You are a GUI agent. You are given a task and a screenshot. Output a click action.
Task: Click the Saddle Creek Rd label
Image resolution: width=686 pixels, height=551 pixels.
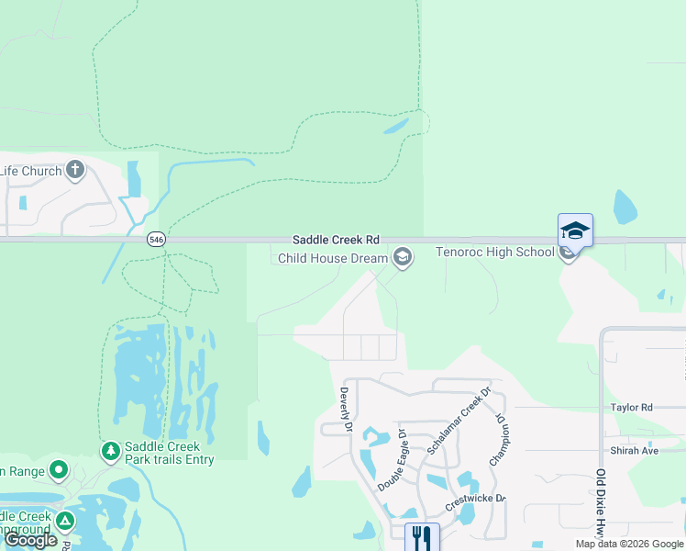336,238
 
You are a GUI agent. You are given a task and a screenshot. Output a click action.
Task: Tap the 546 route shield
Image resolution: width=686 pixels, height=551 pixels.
157,240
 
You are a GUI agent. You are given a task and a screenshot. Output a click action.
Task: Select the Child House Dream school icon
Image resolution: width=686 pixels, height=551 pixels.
402,258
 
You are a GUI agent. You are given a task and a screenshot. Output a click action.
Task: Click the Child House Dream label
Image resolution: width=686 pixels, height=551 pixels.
333,259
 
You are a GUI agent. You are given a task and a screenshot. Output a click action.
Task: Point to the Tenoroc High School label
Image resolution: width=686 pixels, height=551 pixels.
494,253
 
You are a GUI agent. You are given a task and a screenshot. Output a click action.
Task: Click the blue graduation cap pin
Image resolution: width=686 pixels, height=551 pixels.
575,230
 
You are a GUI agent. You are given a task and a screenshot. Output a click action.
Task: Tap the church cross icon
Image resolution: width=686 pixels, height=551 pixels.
74,170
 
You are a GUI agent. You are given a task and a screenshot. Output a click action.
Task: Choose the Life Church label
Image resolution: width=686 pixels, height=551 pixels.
31,171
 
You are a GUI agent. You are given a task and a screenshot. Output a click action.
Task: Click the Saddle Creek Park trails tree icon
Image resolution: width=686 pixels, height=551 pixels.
110,451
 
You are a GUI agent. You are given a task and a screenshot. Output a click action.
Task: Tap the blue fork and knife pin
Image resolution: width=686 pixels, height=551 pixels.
422,536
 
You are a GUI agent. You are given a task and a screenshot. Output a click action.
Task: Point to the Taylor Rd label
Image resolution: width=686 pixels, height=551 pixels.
631,407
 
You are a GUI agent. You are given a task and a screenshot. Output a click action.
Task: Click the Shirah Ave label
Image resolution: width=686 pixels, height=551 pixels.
635,451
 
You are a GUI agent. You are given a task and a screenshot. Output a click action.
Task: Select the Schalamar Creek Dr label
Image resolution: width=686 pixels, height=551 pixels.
459,420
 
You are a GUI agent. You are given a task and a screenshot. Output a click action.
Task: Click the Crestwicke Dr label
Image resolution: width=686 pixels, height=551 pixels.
475,499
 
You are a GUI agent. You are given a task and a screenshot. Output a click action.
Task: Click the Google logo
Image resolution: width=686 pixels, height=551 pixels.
30,540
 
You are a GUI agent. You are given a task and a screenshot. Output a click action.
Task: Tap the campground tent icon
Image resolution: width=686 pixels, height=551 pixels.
64,521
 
